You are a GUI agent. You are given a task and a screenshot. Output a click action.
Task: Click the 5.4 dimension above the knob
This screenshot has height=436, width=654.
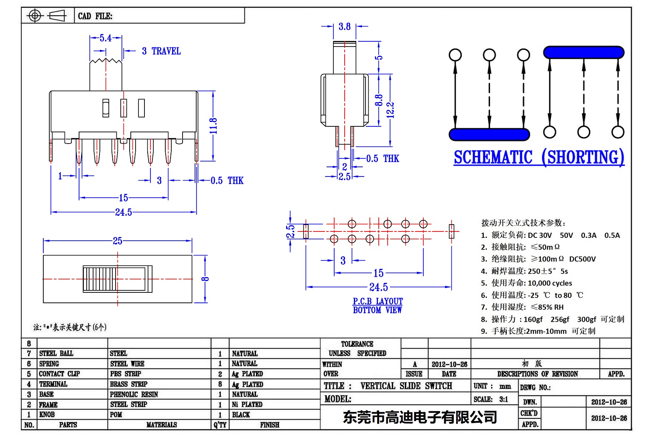(106, 38)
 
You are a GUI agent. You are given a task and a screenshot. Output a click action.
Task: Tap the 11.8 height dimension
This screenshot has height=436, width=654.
(213, 126)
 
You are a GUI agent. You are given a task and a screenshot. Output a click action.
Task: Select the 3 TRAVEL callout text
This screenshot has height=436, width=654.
(161, 51)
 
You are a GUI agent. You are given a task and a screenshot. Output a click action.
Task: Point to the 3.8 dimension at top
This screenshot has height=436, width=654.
(344, 27)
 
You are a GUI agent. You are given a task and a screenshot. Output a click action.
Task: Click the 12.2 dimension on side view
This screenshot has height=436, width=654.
(390, 110)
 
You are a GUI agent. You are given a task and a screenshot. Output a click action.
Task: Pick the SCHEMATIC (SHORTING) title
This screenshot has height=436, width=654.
(539, 157)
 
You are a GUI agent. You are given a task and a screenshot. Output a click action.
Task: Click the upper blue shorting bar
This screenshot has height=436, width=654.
(583, 53)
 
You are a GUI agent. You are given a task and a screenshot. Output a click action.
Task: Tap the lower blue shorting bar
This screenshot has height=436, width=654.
(489, 134)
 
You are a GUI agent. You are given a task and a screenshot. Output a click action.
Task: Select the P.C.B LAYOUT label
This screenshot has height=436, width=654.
(378, 301)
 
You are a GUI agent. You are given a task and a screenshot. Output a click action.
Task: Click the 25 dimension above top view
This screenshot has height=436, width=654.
(117, 241)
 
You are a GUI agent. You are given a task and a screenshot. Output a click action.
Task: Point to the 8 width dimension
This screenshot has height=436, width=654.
(205, 279)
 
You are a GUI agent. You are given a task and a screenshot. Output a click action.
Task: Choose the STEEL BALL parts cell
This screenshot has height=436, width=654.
(56, 353)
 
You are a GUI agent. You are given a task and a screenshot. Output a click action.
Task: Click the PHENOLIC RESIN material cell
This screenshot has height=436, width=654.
(134, 394)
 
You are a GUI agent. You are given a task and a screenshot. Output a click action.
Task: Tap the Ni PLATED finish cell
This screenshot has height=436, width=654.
(247, 404)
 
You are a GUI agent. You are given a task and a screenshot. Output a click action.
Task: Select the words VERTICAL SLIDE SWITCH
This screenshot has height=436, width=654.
(406, 386)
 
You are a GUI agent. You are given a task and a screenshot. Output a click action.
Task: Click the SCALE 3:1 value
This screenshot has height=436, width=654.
(504, 399)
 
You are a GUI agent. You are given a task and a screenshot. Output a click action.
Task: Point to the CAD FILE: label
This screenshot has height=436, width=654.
(95, 16)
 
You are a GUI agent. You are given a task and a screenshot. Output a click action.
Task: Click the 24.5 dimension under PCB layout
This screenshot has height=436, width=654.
(378, 287)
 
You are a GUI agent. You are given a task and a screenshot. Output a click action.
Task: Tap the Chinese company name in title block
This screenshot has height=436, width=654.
(420, 417)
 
